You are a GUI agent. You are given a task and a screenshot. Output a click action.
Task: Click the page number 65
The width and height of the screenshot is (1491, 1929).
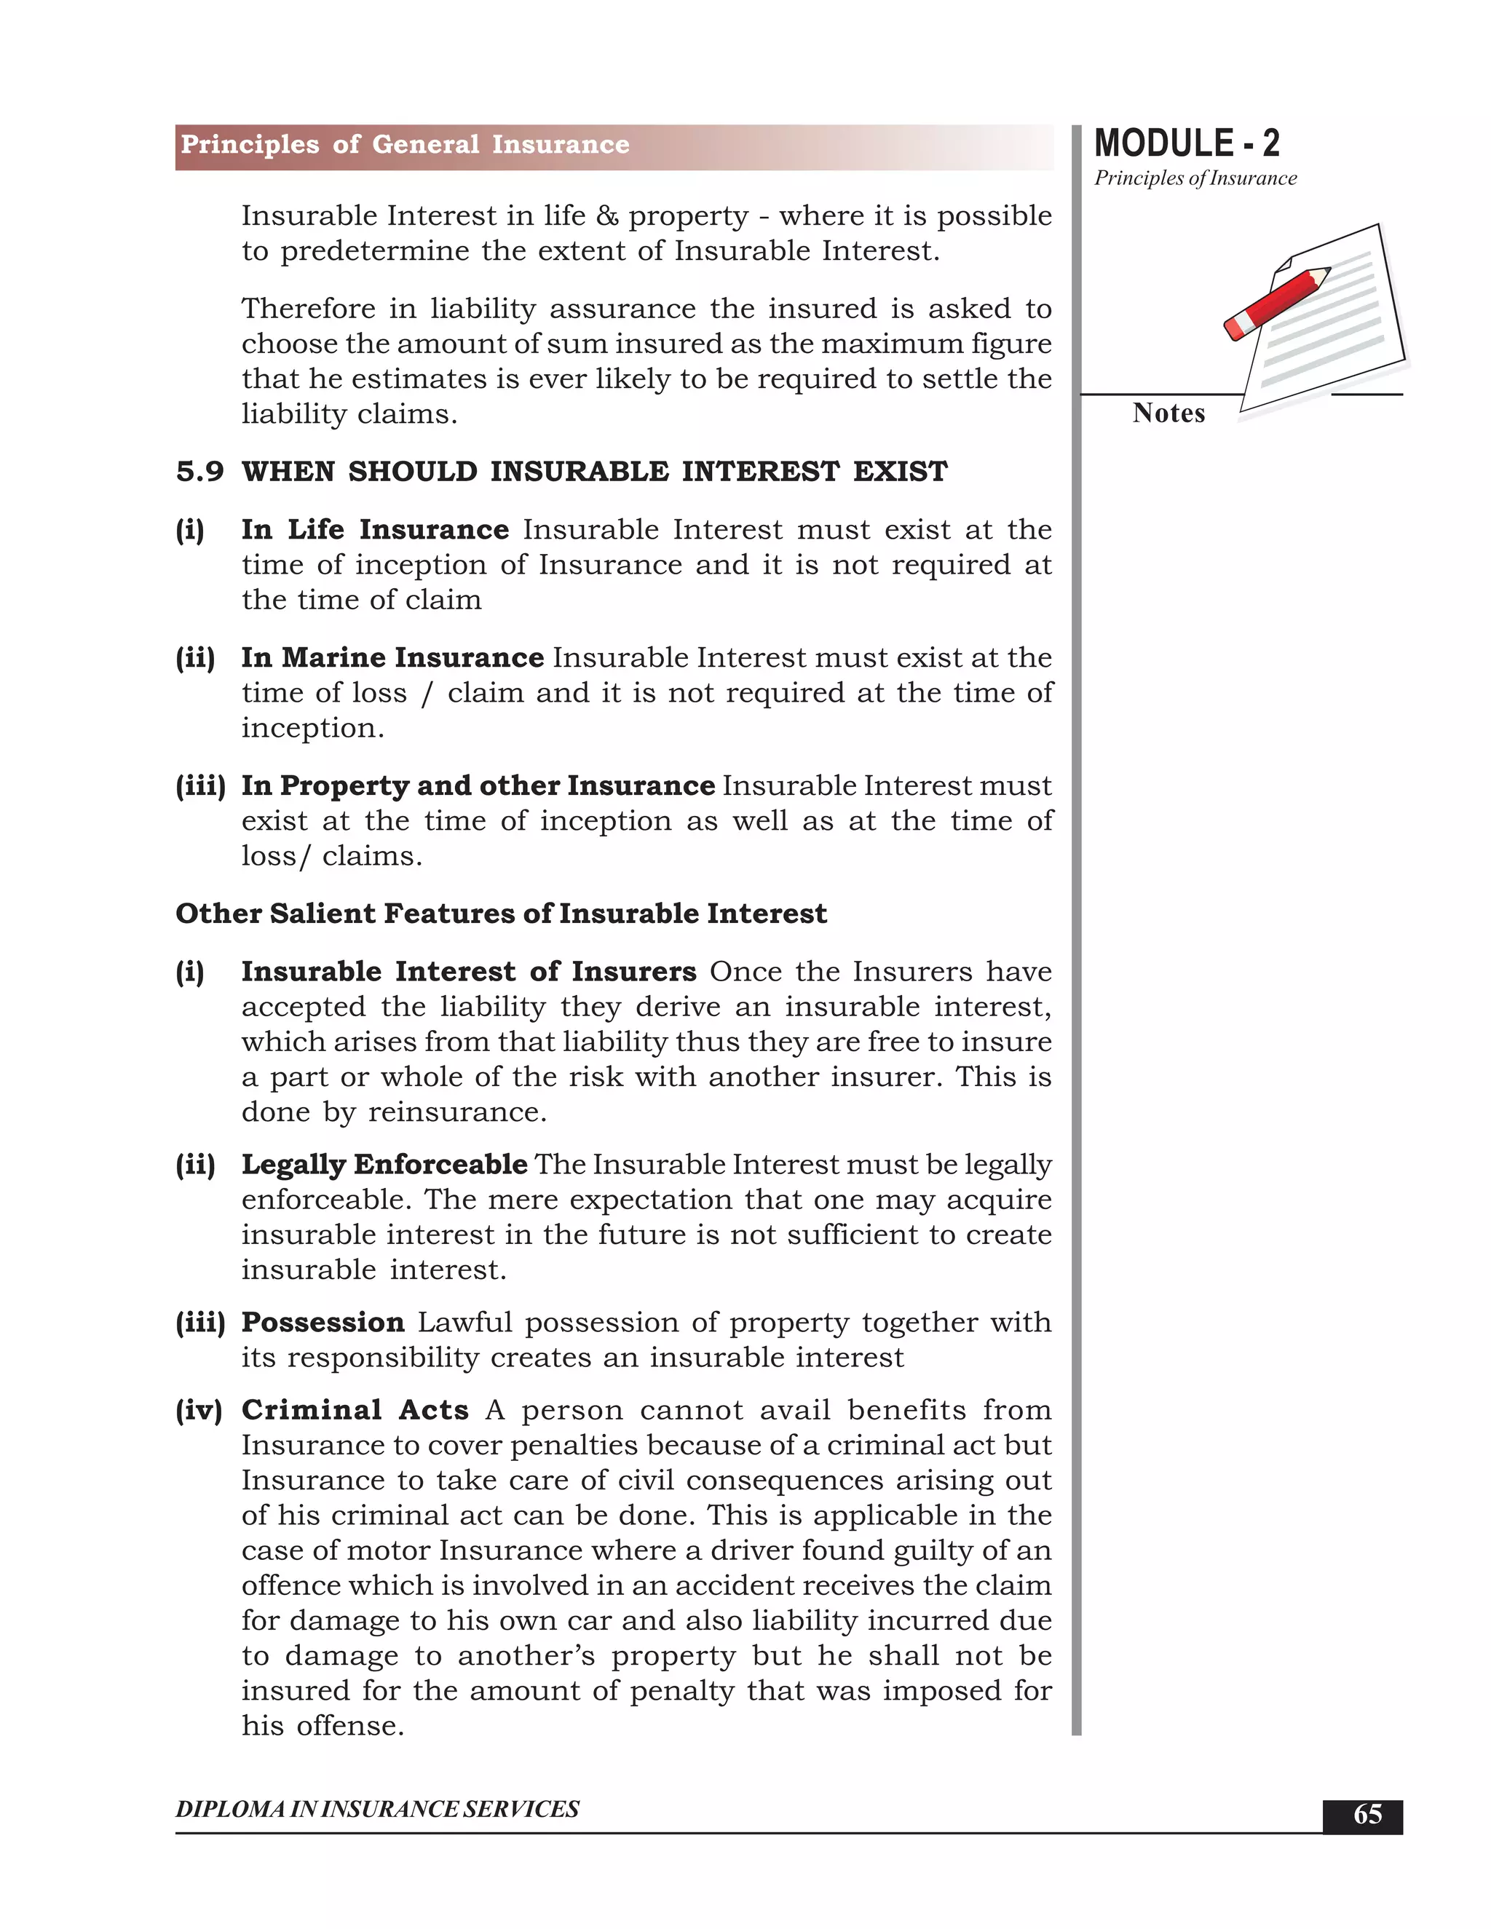coord(1367,1813)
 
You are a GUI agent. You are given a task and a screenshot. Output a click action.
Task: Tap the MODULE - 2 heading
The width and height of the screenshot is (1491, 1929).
coord(1186,143)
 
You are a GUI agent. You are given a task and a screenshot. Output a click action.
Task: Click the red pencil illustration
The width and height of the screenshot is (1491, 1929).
coord(1276,303)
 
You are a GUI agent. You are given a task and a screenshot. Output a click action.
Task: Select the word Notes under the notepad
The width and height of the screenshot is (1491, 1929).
coord(1168,413)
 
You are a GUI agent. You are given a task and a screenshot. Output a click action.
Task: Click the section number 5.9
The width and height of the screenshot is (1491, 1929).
coord(199,472)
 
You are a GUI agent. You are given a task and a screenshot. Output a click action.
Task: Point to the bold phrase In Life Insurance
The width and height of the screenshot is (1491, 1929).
coord(374,529)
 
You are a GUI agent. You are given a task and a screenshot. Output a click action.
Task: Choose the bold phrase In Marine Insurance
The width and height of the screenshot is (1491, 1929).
coord(392,657)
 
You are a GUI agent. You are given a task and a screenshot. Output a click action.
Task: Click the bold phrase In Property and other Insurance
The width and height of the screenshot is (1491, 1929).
coord(478,785)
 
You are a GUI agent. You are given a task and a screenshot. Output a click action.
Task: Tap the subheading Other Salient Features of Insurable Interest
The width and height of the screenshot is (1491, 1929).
coord(501,914)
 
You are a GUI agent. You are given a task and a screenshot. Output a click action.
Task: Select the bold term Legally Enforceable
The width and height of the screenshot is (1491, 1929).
coord(384,1164)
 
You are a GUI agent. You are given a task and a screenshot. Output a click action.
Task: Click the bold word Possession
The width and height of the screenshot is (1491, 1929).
coord(323,1322)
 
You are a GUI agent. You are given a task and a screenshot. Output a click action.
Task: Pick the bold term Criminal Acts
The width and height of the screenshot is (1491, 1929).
coord(355,1410)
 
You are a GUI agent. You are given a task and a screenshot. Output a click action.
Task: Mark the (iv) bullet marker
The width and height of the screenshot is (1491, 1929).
coord(198,1410)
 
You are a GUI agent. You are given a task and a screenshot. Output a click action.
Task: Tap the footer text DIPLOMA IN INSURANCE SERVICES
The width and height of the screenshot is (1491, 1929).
coord(377,1809)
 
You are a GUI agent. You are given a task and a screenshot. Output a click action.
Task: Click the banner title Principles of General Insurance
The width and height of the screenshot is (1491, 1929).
coord(405,145)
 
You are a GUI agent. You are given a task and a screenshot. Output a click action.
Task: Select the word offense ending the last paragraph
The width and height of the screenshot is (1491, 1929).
coord(349,1726)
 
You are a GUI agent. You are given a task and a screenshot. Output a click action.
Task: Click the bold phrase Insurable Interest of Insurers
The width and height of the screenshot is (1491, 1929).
coord(468,972)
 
